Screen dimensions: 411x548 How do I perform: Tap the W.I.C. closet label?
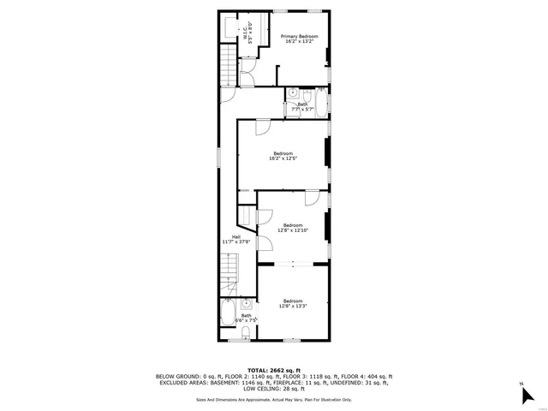[x=247, y=33]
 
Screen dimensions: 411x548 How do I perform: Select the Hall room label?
[x=235, y=240]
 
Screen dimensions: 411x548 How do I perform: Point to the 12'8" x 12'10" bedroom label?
[x=293, y=228]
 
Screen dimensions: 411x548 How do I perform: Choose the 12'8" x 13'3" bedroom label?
[x=293, y=303]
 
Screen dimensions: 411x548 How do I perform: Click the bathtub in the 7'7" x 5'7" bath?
[x=320, y=105]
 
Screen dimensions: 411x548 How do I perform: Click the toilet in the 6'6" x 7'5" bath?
[x=247, y=335]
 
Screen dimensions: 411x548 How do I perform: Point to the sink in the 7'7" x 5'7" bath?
[x=293, y=92]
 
